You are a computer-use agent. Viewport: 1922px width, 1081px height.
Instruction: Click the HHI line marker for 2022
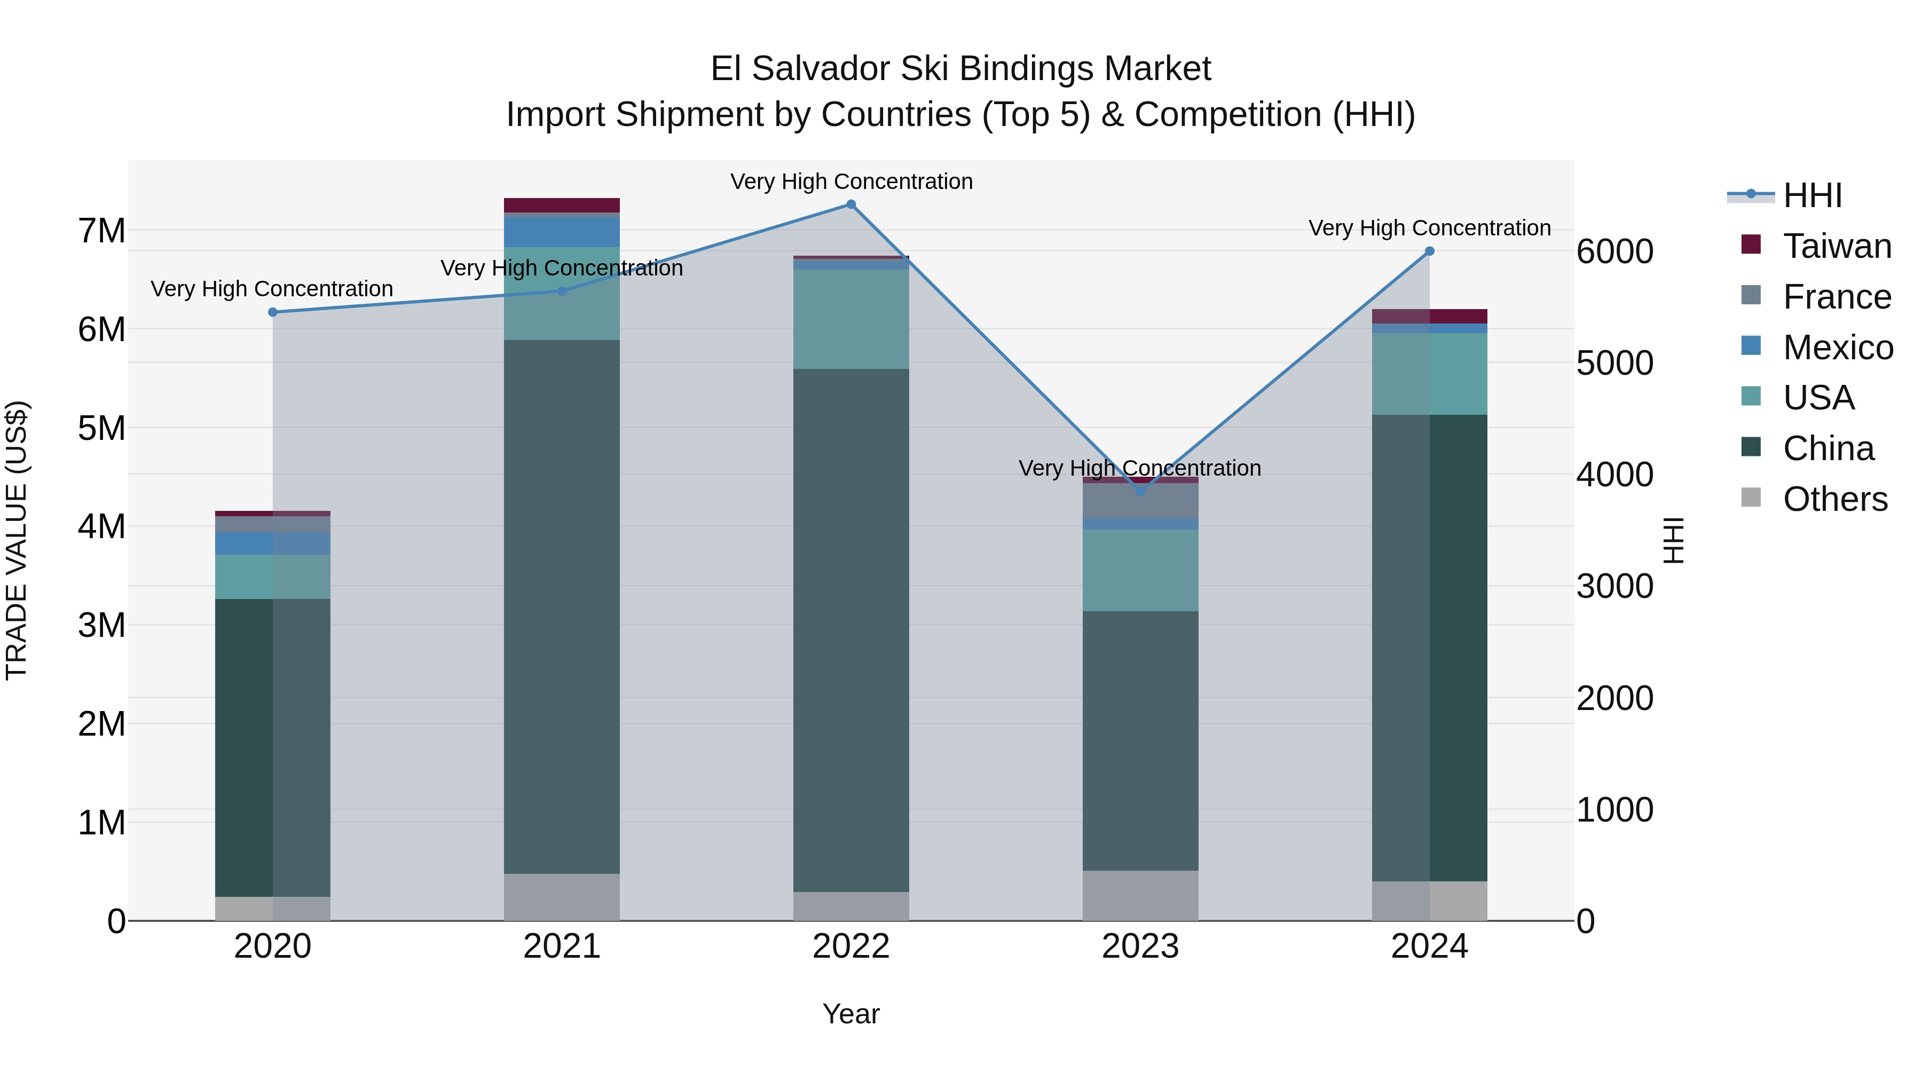[850, 204]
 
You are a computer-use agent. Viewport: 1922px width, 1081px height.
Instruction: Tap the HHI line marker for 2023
[1140, 492]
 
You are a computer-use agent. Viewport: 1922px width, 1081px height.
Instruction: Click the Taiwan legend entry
[1836, 246]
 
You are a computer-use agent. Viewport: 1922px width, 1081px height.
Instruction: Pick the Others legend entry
[1834, 499]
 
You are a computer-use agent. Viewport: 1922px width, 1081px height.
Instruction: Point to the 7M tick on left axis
[102, 231]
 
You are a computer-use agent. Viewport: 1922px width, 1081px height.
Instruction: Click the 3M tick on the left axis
[102, 625]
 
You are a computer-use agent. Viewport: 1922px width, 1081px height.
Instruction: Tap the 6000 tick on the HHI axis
[1614, 251]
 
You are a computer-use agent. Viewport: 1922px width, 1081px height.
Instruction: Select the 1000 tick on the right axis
[1614, 810]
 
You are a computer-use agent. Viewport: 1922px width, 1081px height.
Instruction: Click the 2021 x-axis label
[562, 946]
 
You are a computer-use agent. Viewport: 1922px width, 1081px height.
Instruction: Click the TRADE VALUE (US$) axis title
[17, 540]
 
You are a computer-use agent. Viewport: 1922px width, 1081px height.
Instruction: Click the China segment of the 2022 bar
[850, 630]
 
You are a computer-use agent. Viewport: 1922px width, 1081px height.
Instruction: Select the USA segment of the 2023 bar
[1140, 571]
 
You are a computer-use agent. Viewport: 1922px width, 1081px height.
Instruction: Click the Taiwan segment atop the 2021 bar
[562, 205]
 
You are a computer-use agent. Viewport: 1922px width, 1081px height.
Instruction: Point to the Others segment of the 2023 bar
[1140, 895]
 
